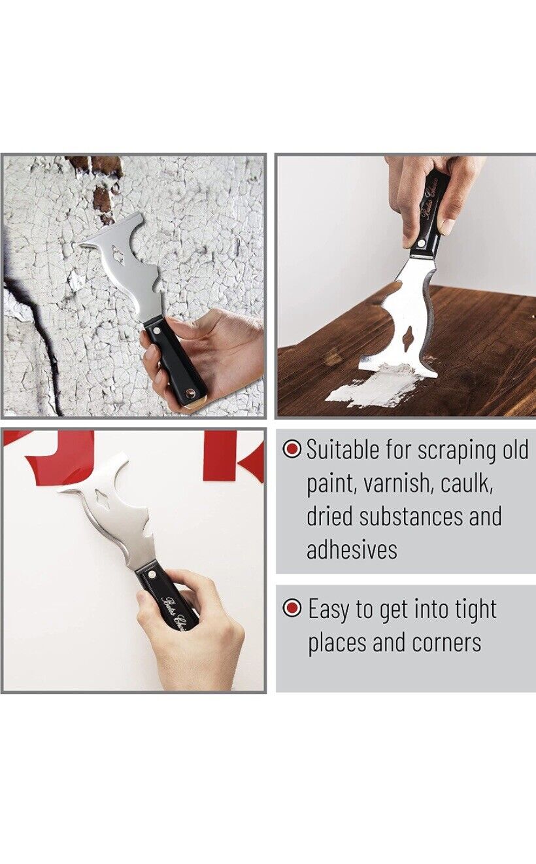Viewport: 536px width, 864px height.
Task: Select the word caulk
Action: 467,483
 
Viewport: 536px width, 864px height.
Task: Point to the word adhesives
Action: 352,549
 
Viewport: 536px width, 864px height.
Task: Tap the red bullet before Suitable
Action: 292,449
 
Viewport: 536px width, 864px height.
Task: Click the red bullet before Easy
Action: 292,608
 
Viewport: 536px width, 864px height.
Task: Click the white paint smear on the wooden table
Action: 373,389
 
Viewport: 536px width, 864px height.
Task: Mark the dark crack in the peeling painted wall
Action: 39,327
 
